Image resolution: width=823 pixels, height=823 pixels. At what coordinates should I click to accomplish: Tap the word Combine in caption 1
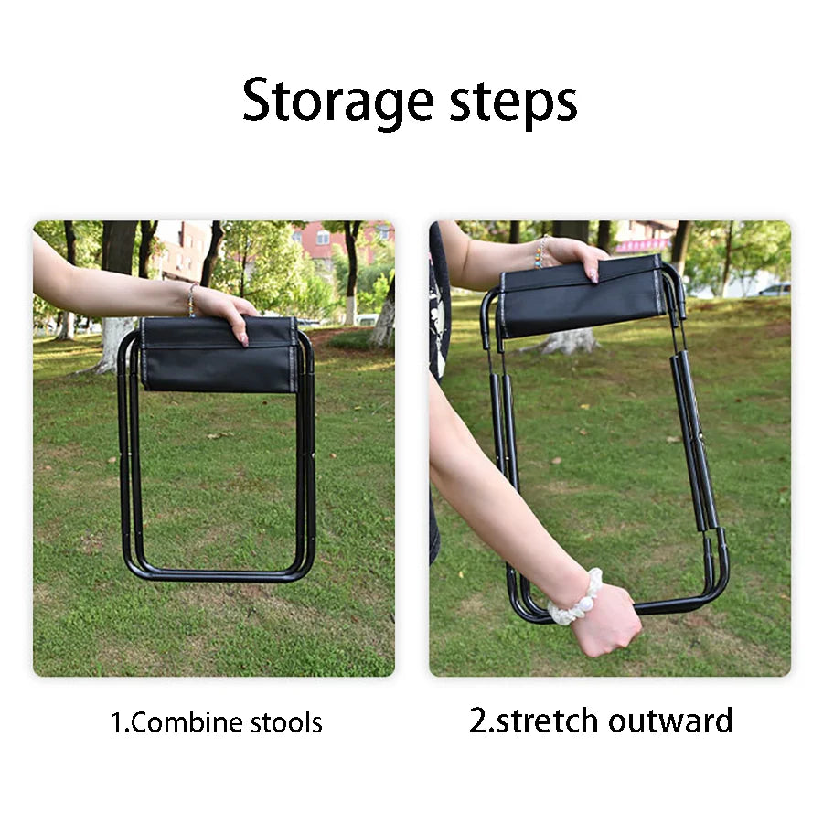pos(189,723)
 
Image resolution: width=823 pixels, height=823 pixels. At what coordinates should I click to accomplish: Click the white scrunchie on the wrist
pos(574,598)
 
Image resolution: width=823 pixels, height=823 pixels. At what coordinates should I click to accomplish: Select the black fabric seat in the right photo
pos(581,296)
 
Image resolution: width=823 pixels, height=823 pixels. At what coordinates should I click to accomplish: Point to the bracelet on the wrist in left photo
pos(192,298)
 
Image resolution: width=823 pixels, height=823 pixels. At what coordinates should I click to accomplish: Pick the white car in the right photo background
pos(774,290)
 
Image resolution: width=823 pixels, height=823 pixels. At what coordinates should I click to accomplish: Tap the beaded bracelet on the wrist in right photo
pos(540,252)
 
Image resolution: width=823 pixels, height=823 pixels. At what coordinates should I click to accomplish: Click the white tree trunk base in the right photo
pos(569,341)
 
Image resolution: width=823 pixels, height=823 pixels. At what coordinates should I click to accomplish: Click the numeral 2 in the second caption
pos(478,721)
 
